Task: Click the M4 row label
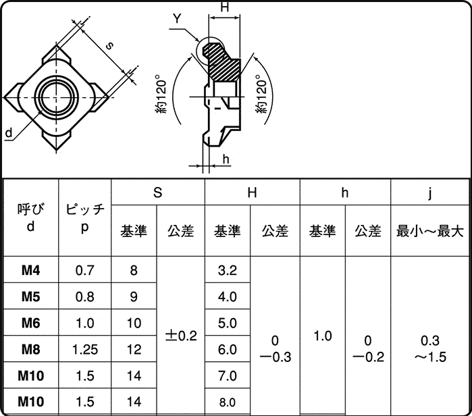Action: pyautogui.click(x=30, y=271)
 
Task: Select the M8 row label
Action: pyautogui.click(x=30, y=349)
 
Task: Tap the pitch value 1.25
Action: pyautogui.click(x=85, y=349)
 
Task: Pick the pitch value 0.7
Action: pyautogui.click(x=85, y=271)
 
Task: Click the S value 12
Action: pyautogui.click(x=134, y=349)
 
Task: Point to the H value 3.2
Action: pyautogui.click(x=228, y=271)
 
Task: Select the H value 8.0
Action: pyautogui.click(x=228, y=402)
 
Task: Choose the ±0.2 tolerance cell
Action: pyautogui.click(x=180, y=336)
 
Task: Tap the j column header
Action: pyautogui.click(x=430, y=193)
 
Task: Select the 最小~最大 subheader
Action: pyautogui.click(x=430, y=231)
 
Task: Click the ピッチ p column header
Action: pyautogui.click(x=85, y=218)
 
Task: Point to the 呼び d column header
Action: pyautogui.click(x=30, y=218)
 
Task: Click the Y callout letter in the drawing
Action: pyautogui.click(x=176, y=19)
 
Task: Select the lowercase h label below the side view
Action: pyautogui.click(x=226, y=159)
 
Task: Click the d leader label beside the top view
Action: pyautogui.click(x=8, y=134)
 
